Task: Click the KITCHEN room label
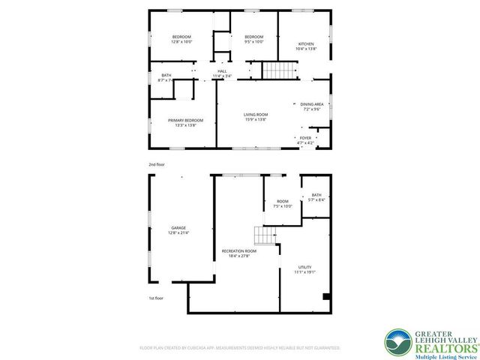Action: [x=306, y=44]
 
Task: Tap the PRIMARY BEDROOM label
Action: [x=185, y=121]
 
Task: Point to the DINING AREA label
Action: [x=312, y=104]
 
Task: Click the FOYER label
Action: [x=305, y=138]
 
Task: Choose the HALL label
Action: [x=222, y=71]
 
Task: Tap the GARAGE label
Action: [x=178, y=228]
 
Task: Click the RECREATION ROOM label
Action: [x=238, y=251]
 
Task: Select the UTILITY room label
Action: [x=305, y=268]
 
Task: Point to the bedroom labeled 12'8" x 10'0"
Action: [x=181, y=37]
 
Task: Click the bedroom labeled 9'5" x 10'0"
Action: [x=253, y=37]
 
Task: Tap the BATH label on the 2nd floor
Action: [x=166, y=75]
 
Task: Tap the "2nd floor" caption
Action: [x=157, y=163]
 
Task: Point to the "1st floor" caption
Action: [x=156, y=298]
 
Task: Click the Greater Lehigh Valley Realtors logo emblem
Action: [x=397, y=341]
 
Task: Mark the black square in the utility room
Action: [x=326, y=298]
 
